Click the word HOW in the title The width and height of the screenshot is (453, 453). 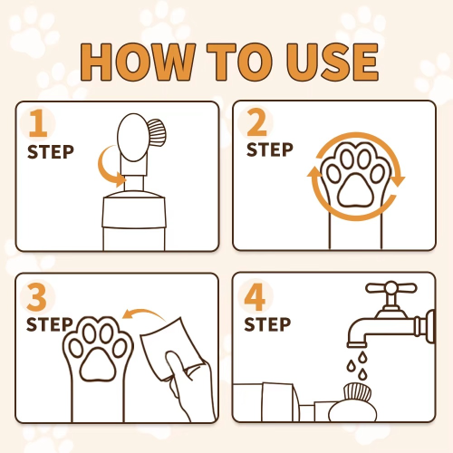coord(136,60)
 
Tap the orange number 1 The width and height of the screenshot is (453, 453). coord(37,125)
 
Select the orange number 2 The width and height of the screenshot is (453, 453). coord(257,124)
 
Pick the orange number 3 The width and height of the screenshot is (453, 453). coord(38,296)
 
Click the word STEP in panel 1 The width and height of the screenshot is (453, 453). coord(50,150)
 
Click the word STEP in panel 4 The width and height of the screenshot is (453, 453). coord(268,323)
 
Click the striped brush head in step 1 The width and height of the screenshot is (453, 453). coord(158,134)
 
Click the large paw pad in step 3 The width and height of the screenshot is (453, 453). coord(99,364)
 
